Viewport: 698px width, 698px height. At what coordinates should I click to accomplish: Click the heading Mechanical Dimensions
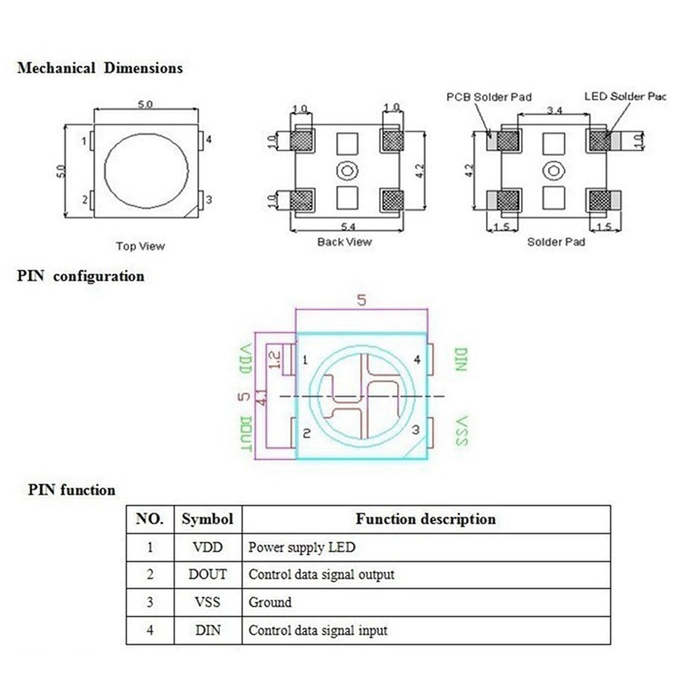(100, 68)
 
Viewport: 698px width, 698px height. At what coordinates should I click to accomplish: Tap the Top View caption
(140, 246)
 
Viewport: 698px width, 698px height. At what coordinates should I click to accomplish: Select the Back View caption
(344, 243)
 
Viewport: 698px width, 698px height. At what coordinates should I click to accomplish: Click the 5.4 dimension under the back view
(348, 227)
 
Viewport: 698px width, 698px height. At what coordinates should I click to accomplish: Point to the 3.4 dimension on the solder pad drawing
(554, 110)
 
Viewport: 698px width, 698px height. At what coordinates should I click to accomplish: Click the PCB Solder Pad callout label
(489, 97)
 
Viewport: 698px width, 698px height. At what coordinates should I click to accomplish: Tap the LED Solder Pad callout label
(625, 96)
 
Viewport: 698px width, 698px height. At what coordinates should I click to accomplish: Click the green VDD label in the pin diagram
(245, 359)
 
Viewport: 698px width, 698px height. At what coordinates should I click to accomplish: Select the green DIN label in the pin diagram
(462, 359)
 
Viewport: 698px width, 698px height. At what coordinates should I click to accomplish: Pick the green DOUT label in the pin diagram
(246, 434)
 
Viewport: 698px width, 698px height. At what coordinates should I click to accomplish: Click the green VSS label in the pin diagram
(462, 431)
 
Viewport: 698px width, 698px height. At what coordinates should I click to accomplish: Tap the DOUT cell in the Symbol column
(208, 574)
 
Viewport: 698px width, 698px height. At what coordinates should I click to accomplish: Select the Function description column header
(426, 519)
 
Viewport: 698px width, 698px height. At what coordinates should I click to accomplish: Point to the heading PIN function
(72, 490)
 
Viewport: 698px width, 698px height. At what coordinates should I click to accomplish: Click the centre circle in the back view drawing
(347, 170)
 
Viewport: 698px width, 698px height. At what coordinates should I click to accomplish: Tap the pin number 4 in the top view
(209, 140)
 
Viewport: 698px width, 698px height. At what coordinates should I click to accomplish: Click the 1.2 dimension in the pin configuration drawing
(275, 359)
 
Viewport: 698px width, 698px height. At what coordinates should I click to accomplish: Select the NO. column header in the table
(149, 519)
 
